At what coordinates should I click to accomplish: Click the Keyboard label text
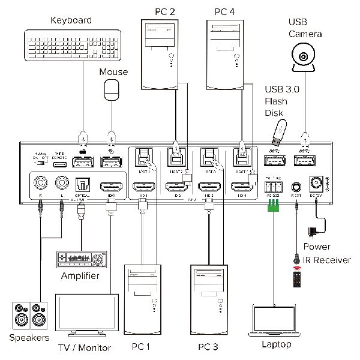coord(71,20)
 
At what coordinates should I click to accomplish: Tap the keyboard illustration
coord(73,46)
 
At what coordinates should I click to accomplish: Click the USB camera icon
coord(305,59)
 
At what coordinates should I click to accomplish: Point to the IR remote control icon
coord(296,277)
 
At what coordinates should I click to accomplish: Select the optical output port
coord(82,184)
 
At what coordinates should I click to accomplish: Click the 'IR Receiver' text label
coord(327,260)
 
